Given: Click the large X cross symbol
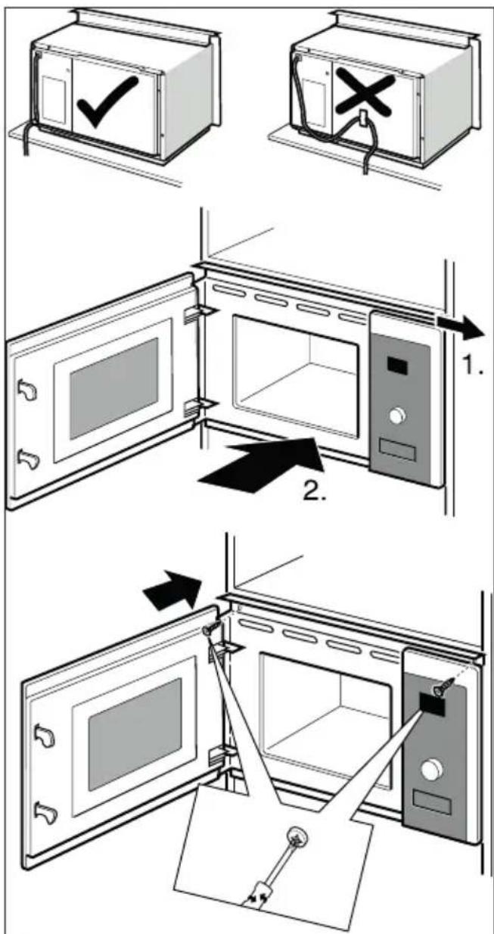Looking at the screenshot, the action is tap(365, 92).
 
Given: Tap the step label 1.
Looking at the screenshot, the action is tap(473, 365).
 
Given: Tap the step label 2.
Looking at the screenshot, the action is tap(314, 491).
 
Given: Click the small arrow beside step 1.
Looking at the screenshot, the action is tap(461, 326).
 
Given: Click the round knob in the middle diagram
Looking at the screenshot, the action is tap(398, 416).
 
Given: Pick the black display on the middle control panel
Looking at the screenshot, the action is tap(397, 365).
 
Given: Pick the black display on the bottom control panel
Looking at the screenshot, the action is tap(433, 703).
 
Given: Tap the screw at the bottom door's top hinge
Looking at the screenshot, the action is tap(210, 629).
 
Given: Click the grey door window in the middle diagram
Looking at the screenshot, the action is tap(113, 388).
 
